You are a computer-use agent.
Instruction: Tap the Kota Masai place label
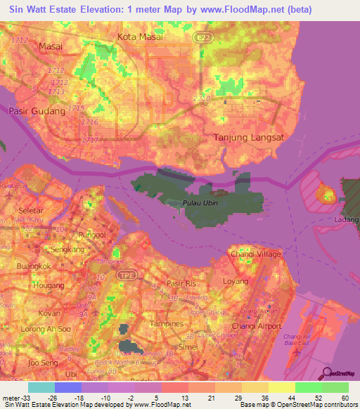(141, 37)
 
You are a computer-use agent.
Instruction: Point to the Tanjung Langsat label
(248, 138)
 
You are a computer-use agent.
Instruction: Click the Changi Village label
(255, 254)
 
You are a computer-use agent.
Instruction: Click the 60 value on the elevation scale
(344, 378)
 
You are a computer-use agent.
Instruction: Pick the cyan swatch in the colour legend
(41, 387)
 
